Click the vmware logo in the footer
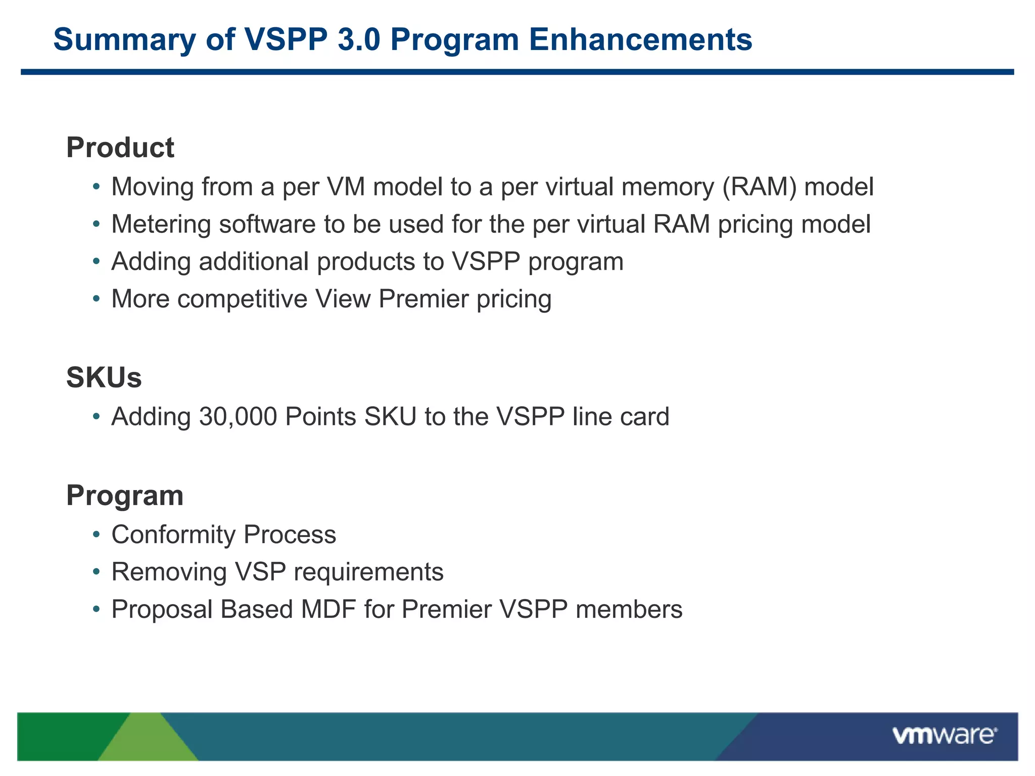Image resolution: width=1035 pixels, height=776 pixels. coord(944,735)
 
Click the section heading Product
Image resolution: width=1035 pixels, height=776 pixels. coord(120,148)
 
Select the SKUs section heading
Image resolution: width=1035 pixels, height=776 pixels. coord(104,377)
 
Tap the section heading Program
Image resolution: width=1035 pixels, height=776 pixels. coord(125,495)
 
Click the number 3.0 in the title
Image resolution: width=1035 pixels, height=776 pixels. coord(359,39)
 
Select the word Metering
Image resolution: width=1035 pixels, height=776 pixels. coord(161,224)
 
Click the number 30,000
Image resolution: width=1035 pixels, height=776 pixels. coord(238,417)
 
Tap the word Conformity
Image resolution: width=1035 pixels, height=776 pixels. coord(173,535)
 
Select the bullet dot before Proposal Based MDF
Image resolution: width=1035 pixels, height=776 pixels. coord(96,610)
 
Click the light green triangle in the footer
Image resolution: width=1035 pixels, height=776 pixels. coord(147,740)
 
